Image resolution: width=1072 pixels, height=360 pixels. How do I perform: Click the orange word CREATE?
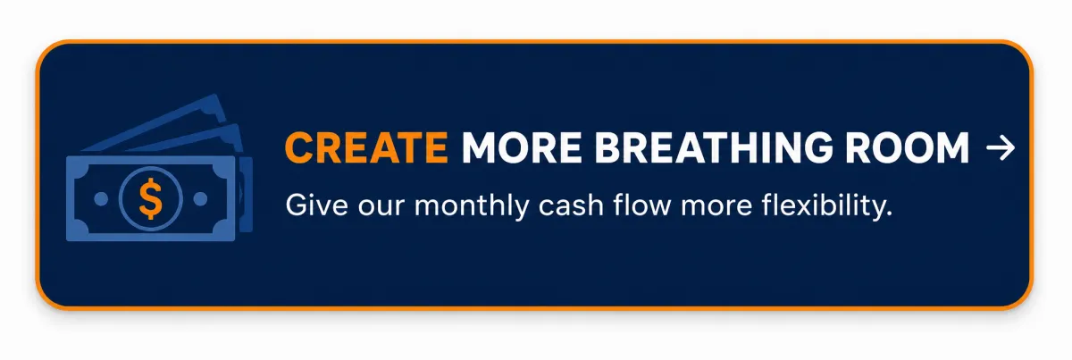tap(366, 147)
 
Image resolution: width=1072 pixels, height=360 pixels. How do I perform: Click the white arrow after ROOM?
tap(1001, 148)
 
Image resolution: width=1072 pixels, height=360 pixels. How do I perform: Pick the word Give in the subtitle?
tap(316, 205)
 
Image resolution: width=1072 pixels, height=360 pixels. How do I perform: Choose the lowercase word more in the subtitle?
tap(716, 208)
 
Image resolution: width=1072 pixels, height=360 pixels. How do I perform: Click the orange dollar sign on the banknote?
tap(150, 198)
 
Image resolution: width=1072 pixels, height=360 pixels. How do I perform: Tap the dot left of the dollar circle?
tap(101, 198)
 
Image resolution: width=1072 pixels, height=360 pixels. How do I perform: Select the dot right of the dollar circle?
tap(200, 198)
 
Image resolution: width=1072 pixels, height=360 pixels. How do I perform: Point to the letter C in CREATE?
tap(299, 147)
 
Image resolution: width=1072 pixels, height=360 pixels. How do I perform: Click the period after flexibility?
tap(889, 214)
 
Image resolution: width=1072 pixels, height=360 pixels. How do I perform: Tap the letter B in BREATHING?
tap(607, 147)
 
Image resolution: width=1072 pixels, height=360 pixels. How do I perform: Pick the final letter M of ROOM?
tap(952, 147)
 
